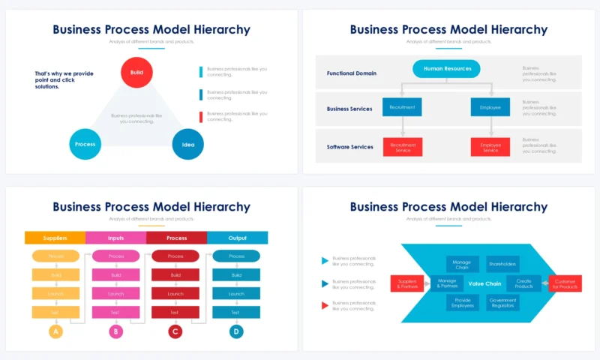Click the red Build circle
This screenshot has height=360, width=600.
pos(137,73)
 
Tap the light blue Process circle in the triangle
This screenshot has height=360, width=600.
pos(85,144)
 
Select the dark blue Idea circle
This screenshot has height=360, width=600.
pos(188,144)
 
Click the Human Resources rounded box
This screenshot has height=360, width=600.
pos(447,69)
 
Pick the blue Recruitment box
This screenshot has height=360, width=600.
pos(402,107)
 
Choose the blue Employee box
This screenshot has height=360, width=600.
pos(490,107)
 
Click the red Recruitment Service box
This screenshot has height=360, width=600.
pos(403,147)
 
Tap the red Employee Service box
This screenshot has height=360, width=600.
pos(490,147)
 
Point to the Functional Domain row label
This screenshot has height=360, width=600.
pos(352,73)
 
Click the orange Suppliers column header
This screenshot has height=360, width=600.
pos(55,238)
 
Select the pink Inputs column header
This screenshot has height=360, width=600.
pos(115,238)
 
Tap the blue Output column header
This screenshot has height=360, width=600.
pos(237,238)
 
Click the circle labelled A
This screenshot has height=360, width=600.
pos(55,331)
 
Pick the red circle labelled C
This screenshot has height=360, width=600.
pos(175,331)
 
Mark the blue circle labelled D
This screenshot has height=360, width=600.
pos(236,331)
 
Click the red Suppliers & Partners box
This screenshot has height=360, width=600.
pos(408,284)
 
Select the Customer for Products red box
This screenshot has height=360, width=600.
pos(565,284)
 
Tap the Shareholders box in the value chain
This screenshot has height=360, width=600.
pos(502,264)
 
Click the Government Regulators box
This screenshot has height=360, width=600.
pos(502,303)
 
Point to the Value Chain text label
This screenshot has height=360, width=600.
pos(484,284)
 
